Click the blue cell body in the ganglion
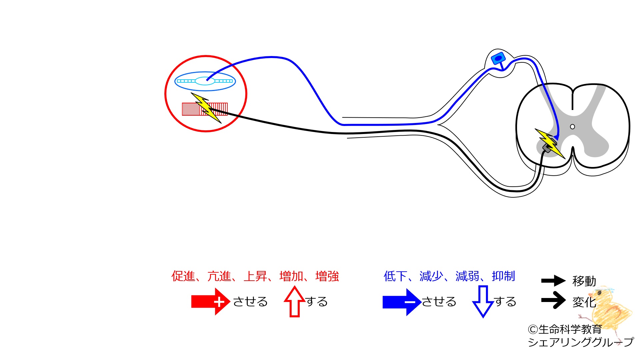click(x=498, y=59)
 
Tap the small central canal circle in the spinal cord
click(x=572, y=127)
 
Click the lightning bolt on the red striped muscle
click(x=206, y=108)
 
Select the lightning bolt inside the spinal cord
click(x=550, y=143)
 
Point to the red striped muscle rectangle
click(x=205, y=109)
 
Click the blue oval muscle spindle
click(x=205, y=81)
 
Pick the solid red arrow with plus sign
click(x=211, y=301)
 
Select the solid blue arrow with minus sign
click(x=402, y=302)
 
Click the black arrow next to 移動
click(x=553, y=281)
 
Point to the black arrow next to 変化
click(x=553, y=300)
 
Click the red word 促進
click(x=183, y=276)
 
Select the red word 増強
click(x=327, y=276)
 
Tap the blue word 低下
click(x=396, y=276)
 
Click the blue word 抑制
click(x=503, y=276)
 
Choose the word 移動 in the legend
click(x=584, y=281)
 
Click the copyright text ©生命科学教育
click(x=565, y=329)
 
